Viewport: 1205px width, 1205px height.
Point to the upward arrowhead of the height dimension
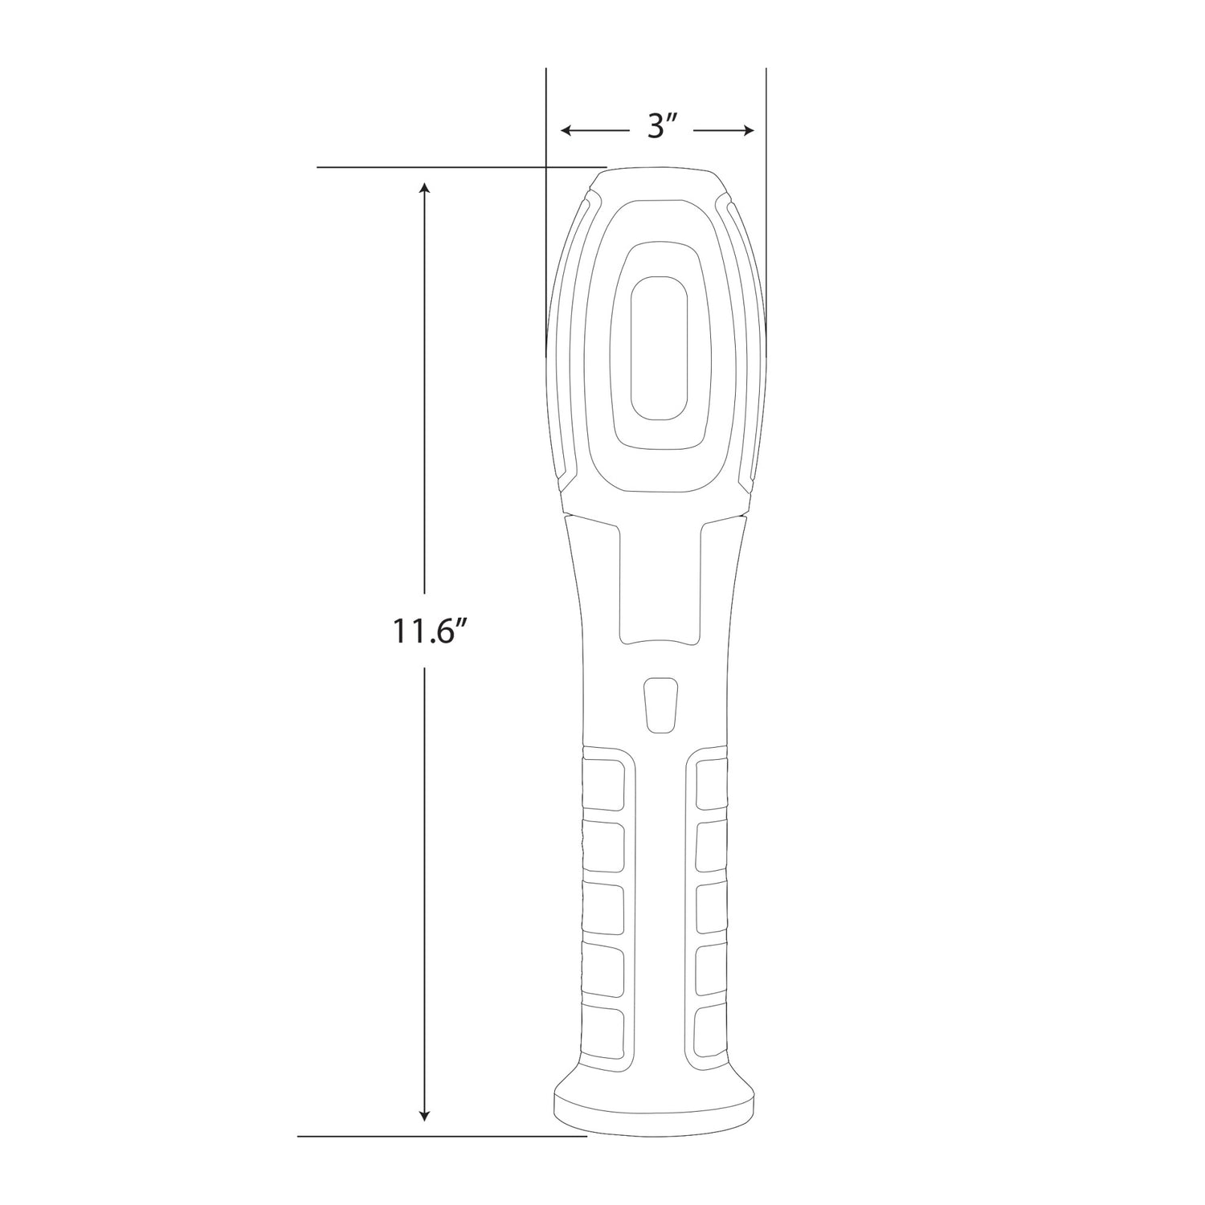pos(425,188)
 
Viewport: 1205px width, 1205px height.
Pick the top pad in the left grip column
pos(602,782)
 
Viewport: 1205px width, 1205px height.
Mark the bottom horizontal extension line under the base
pos(442,1137)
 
